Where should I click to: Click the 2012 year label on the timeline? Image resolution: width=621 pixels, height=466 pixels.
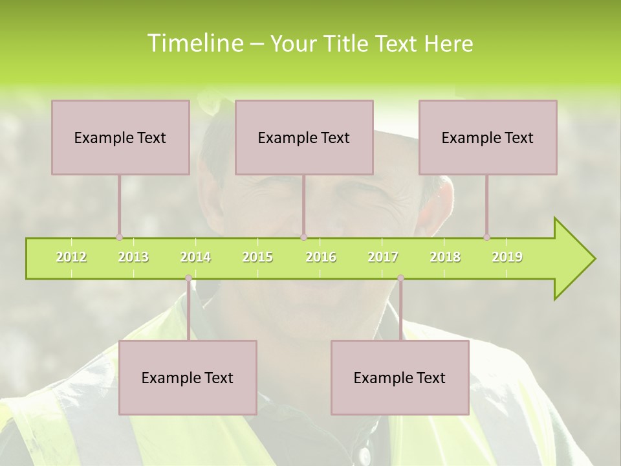point(71,257)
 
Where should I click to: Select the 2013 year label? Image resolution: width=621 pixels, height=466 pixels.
point(133,257)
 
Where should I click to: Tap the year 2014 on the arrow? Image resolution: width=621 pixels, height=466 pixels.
point(195,257)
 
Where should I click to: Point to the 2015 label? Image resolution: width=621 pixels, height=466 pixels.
point(257,257)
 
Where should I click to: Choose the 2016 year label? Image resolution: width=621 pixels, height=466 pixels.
point(321,257)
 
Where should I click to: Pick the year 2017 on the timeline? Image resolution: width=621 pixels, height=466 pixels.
point(383,257)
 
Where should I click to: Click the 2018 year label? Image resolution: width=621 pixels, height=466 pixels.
point(445,257)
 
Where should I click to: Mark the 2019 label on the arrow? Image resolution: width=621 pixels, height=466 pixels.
point(507,257)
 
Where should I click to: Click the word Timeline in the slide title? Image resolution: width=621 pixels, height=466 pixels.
point(194,43)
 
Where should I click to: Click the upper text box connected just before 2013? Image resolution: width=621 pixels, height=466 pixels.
point(120,137)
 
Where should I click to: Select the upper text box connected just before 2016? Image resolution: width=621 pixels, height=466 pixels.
point(304,137)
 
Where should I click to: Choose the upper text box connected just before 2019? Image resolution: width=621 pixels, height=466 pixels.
point(488,137)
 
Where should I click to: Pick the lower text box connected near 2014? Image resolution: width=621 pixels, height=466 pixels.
point(188,377)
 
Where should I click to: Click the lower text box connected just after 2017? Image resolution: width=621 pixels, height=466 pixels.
point(400,377)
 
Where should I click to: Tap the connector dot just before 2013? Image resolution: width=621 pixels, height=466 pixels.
point(119,238)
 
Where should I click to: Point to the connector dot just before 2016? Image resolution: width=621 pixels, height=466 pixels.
point(304,238)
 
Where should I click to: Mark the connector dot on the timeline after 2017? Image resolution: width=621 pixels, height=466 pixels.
point(400,278)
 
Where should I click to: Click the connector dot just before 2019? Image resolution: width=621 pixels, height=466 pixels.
point(486,238)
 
